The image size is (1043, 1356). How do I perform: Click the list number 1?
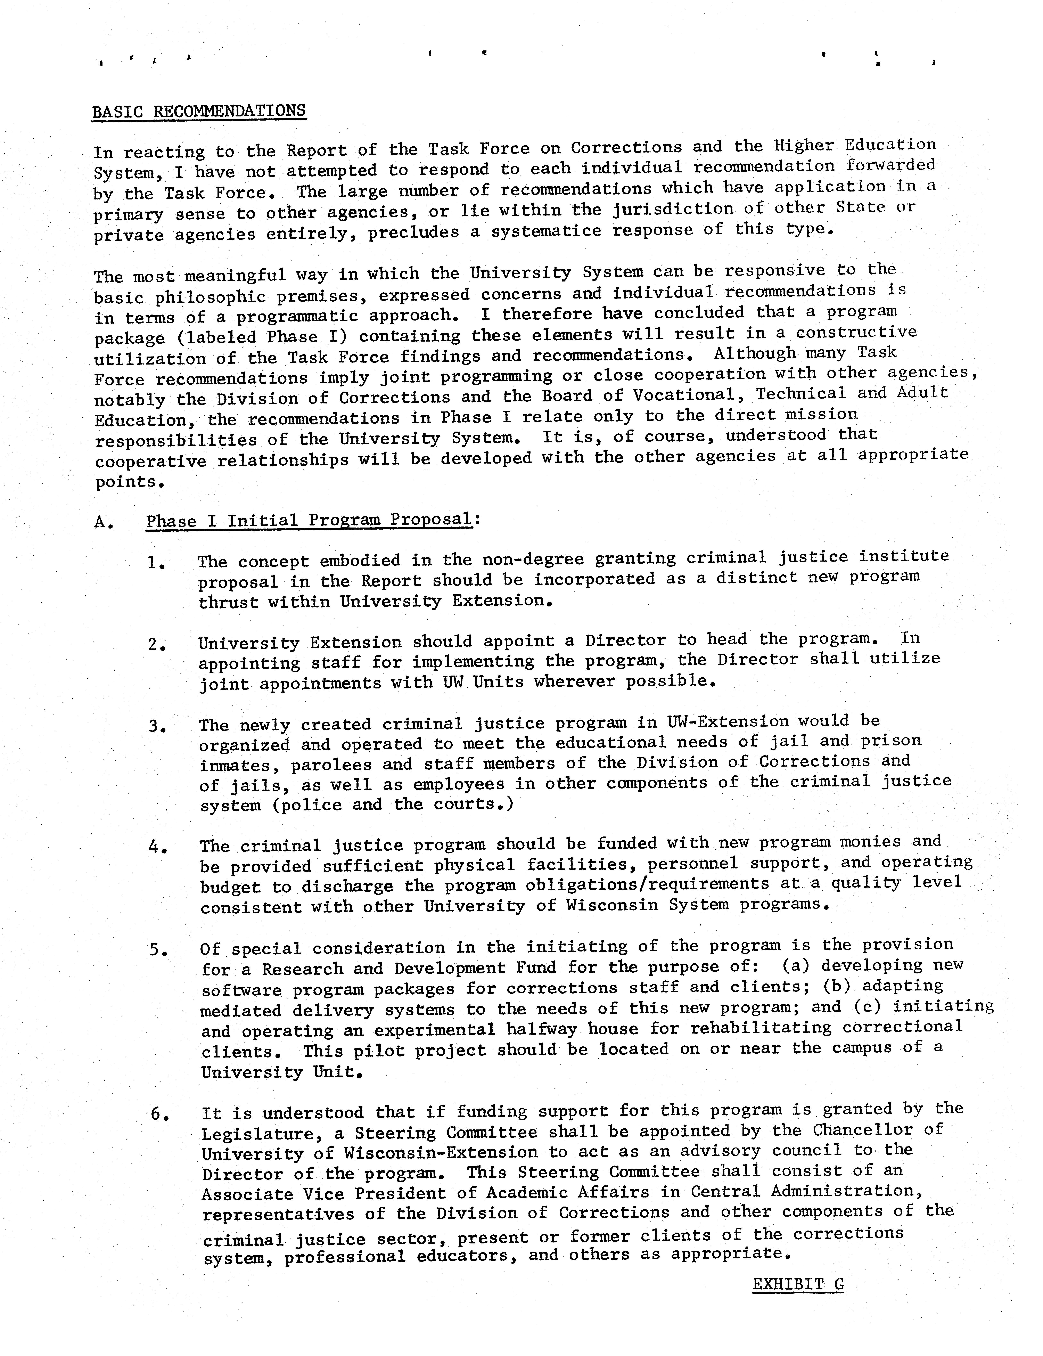(155, 563)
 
